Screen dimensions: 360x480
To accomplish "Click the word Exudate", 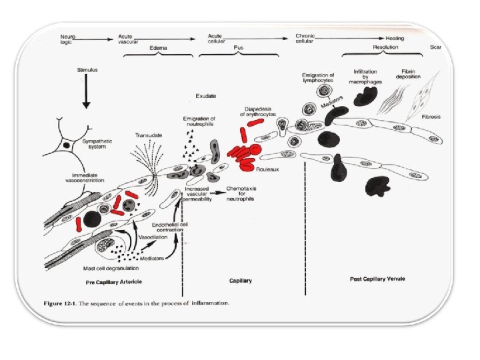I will (205, 96).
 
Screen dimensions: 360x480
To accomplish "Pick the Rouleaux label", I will (275, 169).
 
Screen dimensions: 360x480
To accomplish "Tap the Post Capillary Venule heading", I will (377, 278).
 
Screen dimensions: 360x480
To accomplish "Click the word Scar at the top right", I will (436, 47).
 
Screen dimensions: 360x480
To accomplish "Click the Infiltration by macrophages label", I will (368, 75).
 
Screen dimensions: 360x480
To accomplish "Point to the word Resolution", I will (385, 48).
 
